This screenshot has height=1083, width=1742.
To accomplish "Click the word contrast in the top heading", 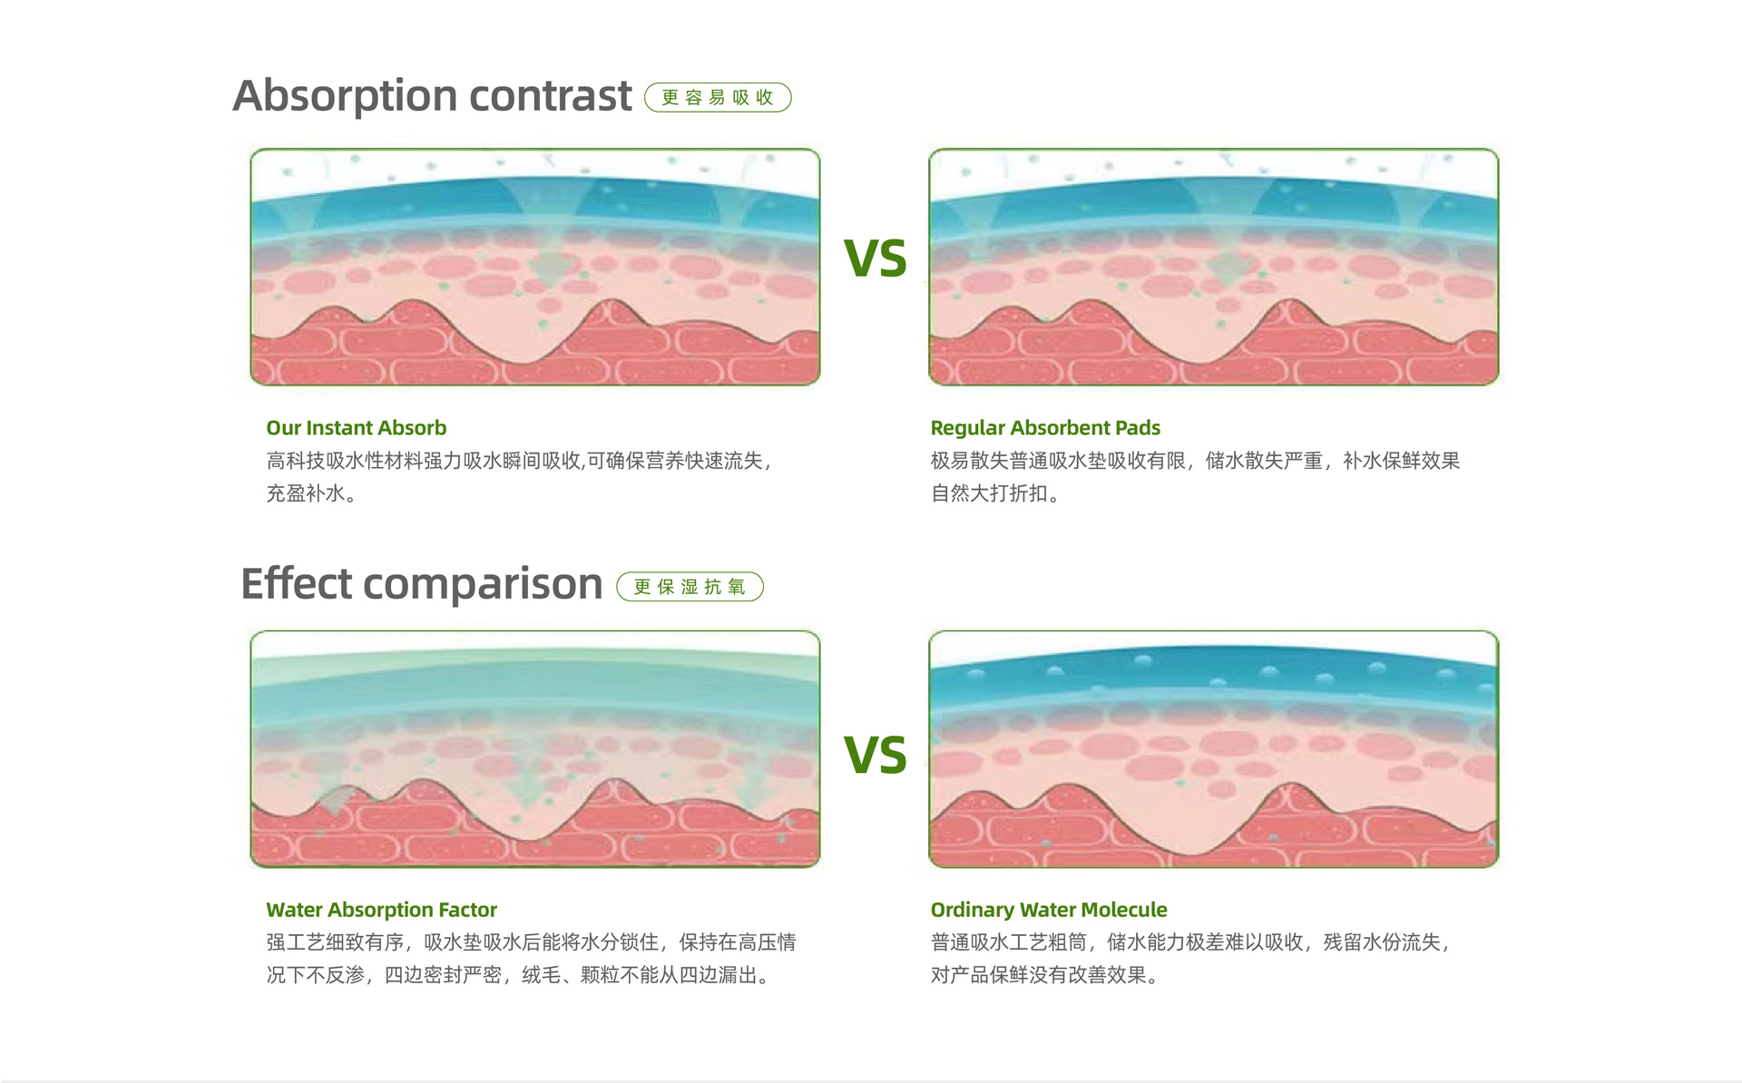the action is (551, 95).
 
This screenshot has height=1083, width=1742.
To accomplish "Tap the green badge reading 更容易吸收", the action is (718, 97).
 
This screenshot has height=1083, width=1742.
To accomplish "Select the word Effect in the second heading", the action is (296, 582).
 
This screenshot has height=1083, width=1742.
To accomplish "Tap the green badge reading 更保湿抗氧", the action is (690, 587).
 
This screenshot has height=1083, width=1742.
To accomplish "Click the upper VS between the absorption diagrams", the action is (876, 259).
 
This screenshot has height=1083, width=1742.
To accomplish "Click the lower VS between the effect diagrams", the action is (876, 755).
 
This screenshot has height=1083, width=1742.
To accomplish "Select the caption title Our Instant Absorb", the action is (357, 427).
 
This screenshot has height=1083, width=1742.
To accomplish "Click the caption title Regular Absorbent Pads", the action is (1045, 427).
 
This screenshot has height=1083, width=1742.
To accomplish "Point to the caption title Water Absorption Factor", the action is (382, 910).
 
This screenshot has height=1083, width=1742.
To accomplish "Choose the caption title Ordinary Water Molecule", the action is (1049, 910).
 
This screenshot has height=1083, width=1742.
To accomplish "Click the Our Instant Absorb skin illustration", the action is (535, 267).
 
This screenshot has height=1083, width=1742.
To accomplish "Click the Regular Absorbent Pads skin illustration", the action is (1214, 267).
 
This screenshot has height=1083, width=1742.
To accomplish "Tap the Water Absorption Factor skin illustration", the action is (535, 749).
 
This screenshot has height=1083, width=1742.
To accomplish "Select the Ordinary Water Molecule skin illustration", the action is (1214, 749).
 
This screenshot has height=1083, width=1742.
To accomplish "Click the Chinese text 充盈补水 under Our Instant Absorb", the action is (306, 493).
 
